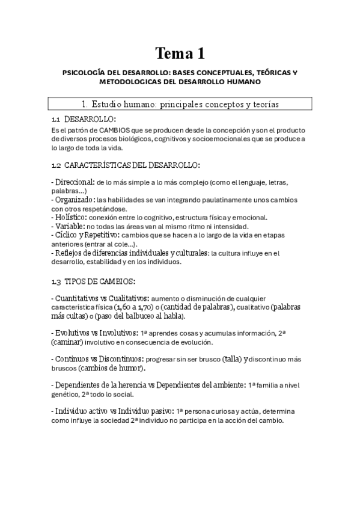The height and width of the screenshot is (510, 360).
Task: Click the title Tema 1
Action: click(x=180, y=54)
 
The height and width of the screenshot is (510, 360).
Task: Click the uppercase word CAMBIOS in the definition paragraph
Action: click(x=119, y=131)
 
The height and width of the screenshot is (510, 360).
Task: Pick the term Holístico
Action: click(x=72, y=217)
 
